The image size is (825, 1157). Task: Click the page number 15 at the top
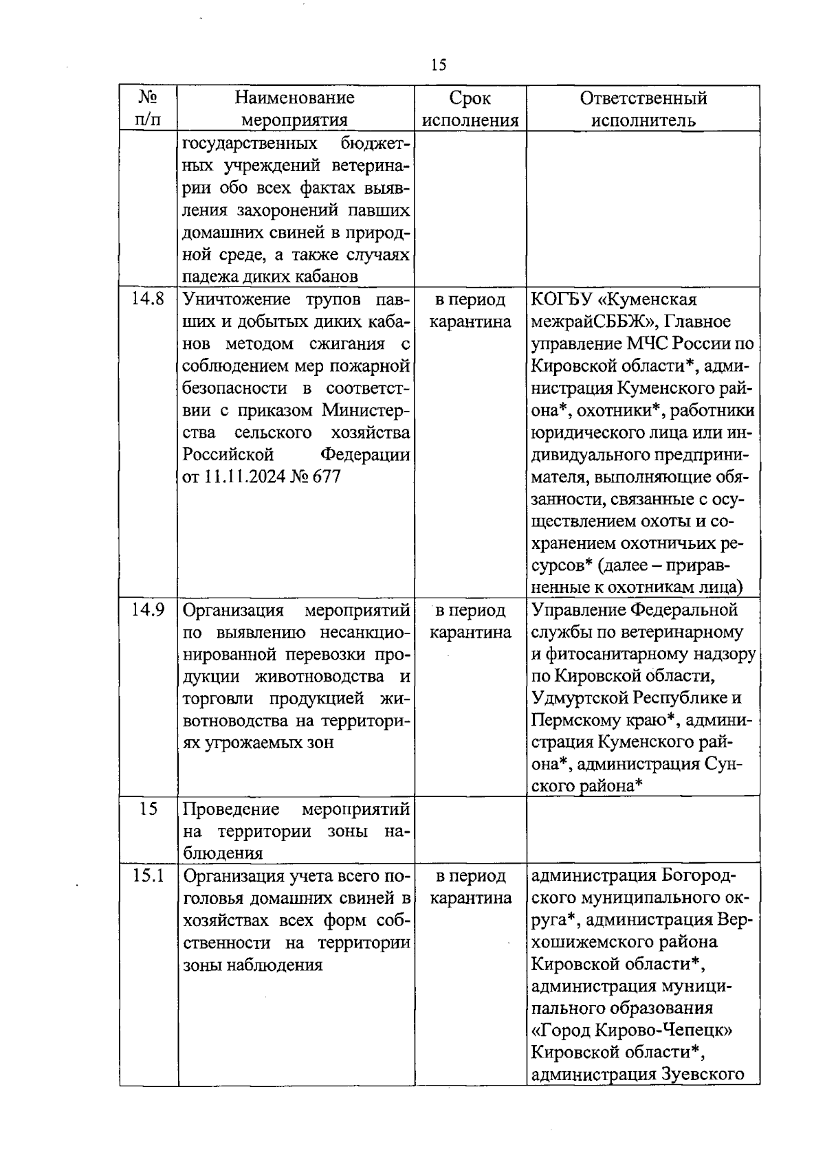(438, 65)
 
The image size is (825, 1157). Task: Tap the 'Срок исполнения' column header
(470, 109)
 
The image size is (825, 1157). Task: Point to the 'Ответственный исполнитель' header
(643, 109)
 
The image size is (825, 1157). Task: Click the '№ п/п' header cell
(148, 109)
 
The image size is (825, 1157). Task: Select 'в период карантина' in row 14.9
(470, 621)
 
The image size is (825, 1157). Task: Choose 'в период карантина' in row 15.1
(470, 887)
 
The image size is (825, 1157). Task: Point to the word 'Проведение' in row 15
(231, 809)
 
